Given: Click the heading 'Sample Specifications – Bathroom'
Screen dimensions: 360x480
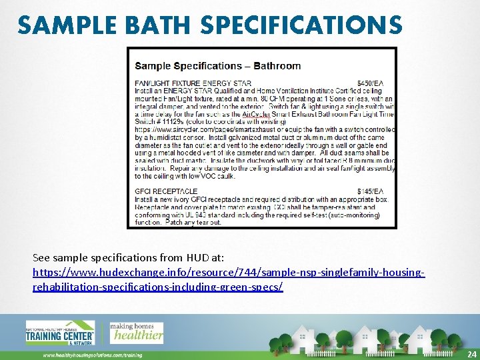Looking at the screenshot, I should coord(218,66).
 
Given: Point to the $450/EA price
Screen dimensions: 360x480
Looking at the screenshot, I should coord(375,83).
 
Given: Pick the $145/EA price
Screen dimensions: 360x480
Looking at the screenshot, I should coord(375,192).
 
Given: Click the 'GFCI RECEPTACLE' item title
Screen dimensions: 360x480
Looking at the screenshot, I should coord(166,192).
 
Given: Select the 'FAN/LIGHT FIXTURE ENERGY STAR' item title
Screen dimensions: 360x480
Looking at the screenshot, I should coord(193,83).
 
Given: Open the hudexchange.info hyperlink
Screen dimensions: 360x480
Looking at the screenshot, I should coord(229,280).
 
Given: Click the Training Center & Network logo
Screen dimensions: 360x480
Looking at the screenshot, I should coord(60,333).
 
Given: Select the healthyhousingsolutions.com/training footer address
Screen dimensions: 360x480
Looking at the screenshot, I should coord(93,355).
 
